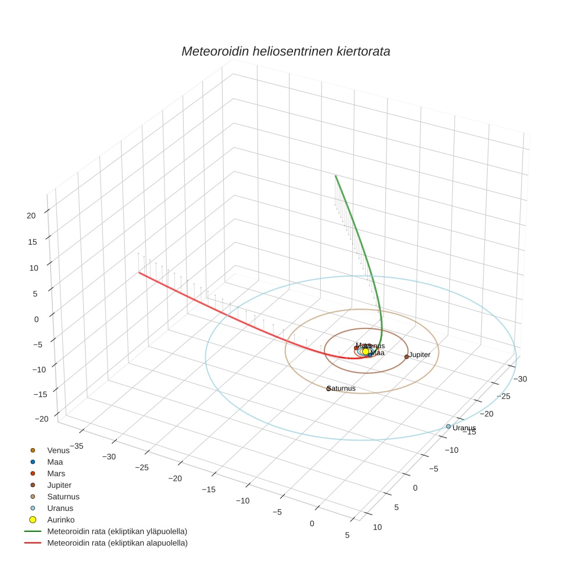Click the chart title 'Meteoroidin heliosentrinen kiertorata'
pos(285,51)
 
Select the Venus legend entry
pos(58,451)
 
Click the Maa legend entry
pos(55,462)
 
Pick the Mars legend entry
pos(56,474)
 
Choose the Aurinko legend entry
pos(60,520)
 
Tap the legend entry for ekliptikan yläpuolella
pos(116,531)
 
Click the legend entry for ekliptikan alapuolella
pos(116,543)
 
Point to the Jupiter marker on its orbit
pos(406,356)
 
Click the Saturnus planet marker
pos(328,388)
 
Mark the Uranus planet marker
pos(448,427)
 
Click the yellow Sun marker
pos(366,351)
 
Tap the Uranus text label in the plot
pos(464,428)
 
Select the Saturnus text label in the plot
pos(342,388)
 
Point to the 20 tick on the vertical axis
pos(31,215)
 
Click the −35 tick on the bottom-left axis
pos(76,446)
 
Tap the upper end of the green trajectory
pos(335,175)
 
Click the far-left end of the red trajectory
pos(139,272)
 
